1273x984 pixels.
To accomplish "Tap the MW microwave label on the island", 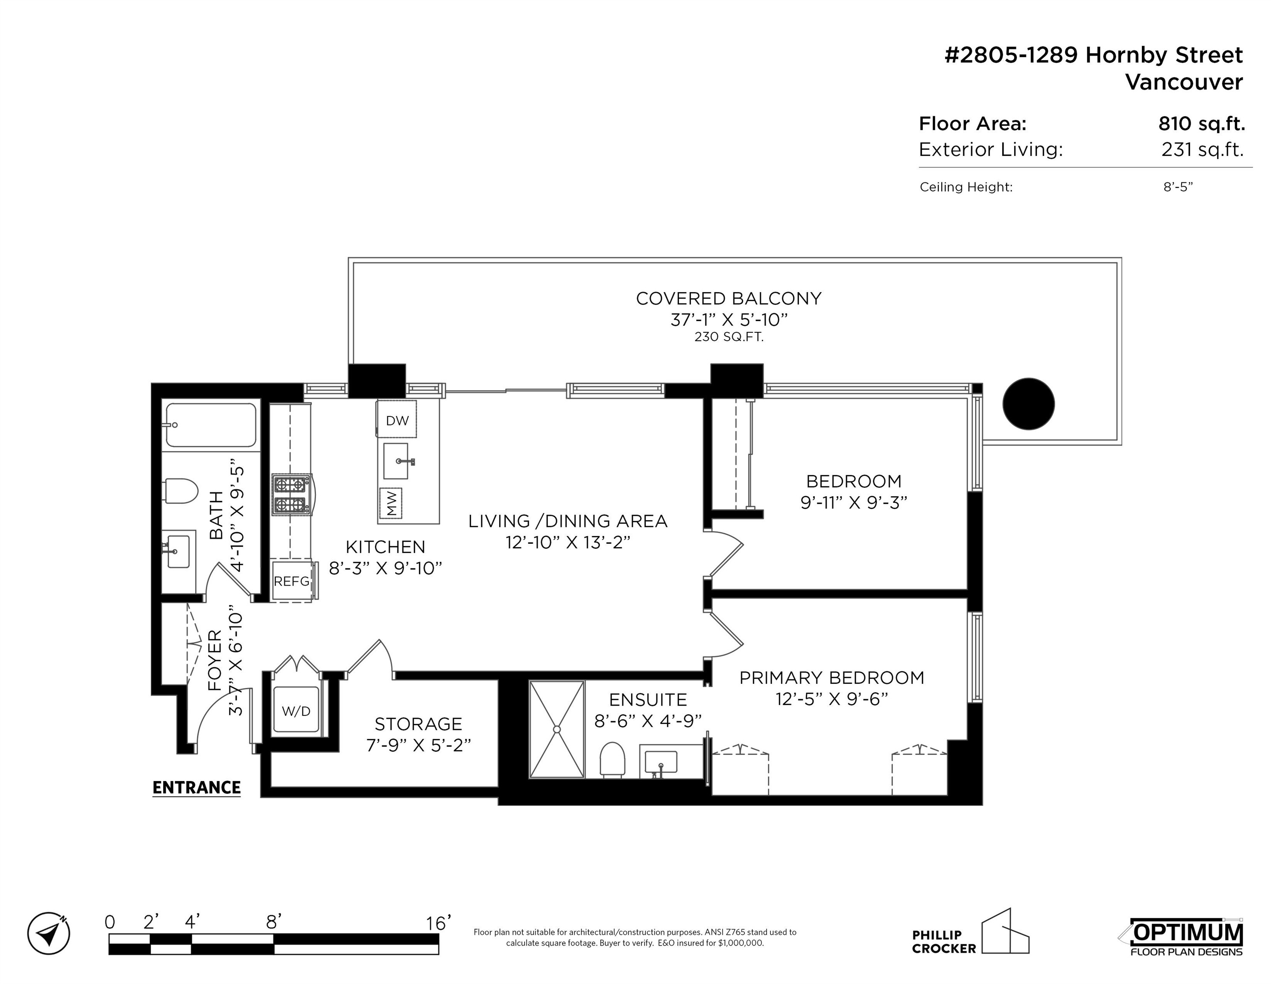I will point(391,503).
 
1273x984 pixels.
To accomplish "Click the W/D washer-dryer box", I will point(296,711).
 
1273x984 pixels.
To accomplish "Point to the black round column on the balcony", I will point(1028,404).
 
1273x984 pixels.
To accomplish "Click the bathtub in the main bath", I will point(211,425).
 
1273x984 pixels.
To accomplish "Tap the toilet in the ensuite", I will point(613,760).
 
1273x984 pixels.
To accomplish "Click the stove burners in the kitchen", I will point(291,494).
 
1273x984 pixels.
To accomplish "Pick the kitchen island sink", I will point(400,460).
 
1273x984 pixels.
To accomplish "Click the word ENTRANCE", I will point(196,788).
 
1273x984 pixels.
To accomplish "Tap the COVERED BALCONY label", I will point(729,299).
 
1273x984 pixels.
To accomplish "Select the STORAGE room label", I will point(418,724).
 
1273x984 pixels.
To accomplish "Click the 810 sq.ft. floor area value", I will point(1201,123).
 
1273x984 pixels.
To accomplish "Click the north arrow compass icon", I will point(49,933).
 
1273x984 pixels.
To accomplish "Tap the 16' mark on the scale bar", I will point(438,923).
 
